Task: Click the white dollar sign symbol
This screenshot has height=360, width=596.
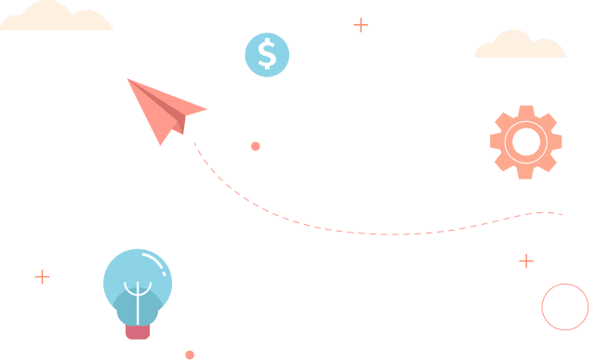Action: click(267, 54)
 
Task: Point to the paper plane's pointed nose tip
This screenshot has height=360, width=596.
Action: click(128, 80)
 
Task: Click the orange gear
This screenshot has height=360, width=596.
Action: click(502, 157)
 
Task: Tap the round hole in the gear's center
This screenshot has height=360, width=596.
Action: click(525, 142)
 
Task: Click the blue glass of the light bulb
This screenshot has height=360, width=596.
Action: click(121, 274)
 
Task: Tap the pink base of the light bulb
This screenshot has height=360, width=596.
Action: click(138, 330)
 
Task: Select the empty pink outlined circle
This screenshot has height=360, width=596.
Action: click(565, 307)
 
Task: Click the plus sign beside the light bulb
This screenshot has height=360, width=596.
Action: click(42, 276)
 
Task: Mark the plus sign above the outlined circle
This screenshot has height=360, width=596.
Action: click(526, 260)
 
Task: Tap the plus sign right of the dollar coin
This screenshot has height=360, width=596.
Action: click(361, 25)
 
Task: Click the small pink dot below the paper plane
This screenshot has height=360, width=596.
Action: click(256, 146)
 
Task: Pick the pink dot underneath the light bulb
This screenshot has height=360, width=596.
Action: click(190, 354)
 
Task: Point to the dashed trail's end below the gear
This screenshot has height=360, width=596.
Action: click(561, 214)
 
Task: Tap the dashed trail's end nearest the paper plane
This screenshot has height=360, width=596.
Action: click(194, 143)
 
